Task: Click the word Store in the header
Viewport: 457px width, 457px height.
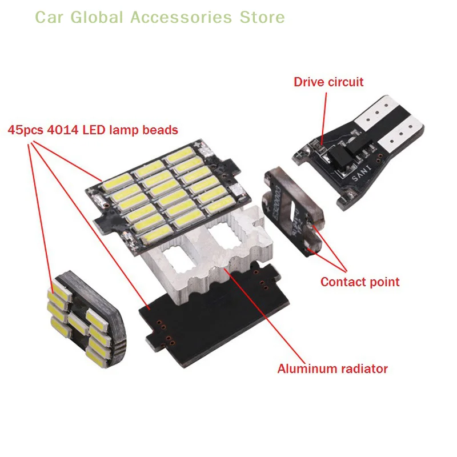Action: tap(262, 17)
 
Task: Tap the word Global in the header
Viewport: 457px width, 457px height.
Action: tap(97, 17)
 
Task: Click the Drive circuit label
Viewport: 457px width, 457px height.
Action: tap(328, 82)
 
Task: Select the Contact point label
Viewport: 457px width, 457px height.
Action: tap(360, 282)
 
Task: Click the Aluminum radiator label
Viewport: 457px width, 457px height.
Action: tap(332, 368)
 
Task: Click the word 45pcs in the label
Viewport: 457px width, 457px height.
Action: tap(26, 130)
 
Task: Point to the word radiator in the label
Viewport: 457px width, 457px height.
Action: tap(364, 368)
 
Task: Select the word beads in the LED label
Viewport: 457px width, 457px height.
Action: tap(161, 130)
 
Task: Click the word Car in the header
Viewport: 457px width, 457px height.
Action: tap(50, 17)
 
